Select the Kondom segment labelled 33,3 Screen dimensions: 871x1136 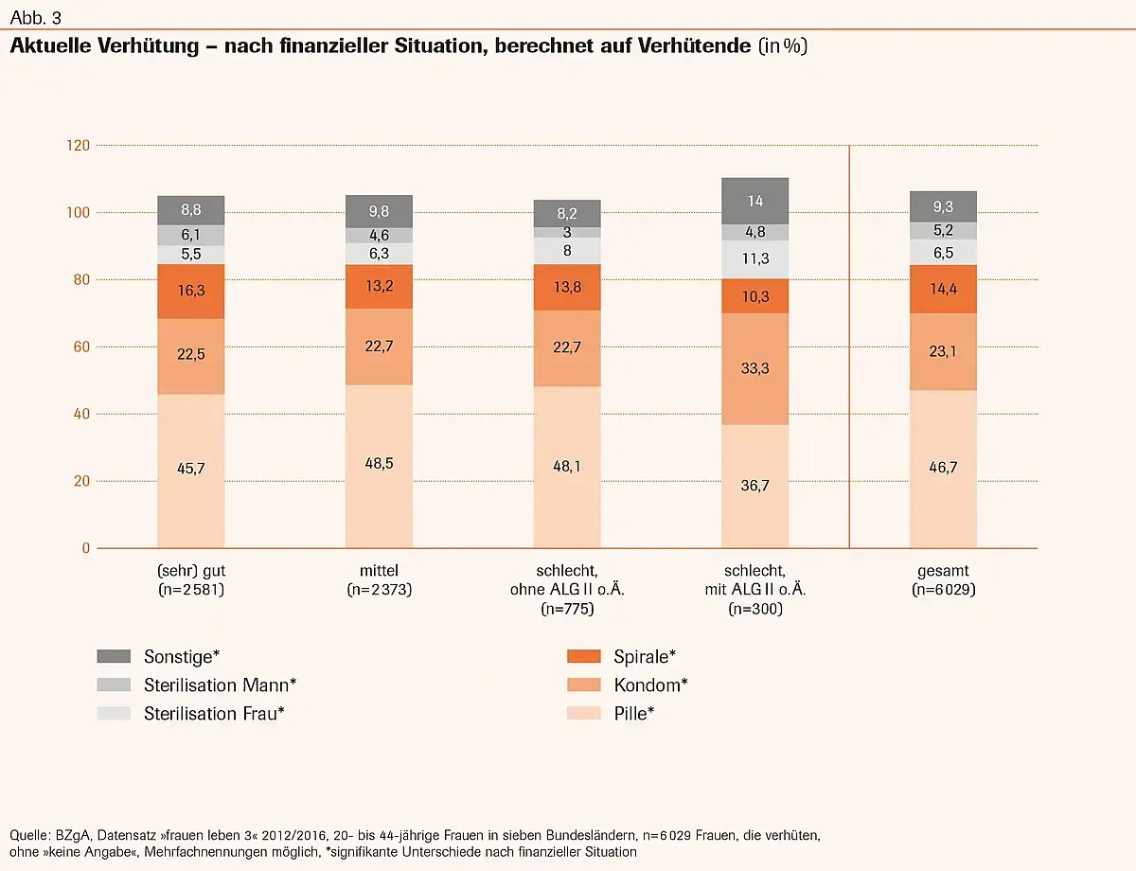[x=754, y=368]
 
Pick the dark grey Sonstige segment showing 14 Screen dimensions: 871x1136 [x=754, y=201]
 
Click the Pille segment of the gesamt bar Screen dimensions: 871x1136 [x=943, y=469]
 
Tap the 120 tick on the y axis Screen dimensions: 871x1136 [x=78, y=145]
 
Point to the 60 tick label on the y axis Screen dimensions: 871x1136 [x=80, y=347]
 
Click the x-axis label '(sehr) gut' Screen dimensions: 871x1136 [x=191, y=571]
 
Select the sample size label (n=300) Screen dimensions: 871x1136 [x=754, y=610]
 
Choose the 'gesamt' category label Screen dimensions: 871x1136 [x=943, y=571]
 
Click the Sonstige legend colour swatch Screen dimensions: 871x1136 [x=114, y=656]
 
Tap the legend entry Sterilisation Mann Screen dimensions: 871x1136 [x=220, y=684]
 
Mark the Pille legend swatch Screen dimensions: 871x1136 [x=582, y=713]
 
